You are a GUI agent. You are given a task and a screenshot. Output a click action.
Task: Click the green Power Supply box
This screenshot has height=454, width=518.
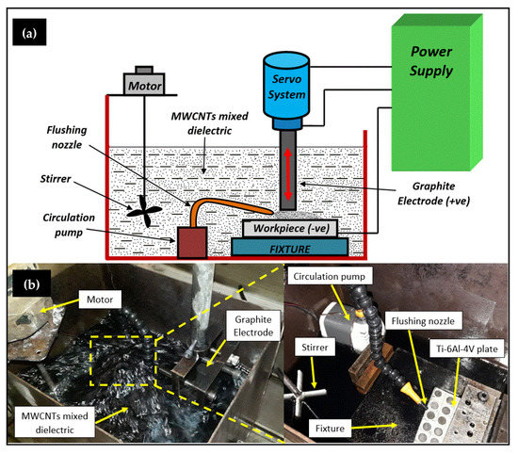[x=437, y=92]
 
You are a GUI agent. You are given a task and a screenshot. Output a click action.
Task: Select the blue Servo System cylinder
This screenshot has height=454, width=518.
[x=286, y=90]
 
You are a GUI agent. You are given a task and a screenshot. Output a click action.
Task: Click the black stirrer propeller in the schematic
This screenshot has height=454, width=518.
[x=144, y=211]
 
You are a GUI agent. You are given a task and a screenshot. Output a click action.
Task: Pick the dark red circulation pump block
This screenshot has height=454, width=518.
[x=192, y=242]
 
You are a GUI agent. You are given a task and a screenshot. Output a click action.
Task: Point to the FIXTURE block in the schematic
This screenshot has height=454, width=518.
[x=290, y=247]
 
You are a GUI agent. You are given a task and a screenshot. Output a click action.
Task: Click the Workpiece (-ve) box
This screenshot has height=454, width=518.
[x=290, y=228]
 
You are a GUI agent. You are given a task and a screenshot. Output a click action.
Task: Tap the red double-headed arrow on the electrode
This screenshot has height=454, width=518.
[x=288, y=174]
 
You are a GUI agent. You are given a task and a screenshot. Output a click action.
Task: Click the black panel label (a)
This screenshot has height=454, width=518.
[x=29, y=32]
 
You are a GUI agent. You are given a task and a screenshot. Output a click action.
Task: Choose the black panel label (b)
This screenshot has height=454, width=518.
[x=31, y=284]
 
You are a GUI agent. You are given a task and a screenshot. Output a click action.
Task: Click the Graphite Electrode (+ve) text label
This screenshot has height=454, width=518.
[x=434, y=193]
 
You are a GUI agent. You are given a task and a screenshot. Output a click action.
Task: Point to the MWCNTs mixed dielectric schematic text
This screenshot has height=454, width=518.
[x=209, y=123]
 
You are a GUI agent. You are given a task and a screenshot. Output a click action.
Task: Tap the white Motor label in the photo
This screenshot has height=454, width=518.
[x=100, y=300]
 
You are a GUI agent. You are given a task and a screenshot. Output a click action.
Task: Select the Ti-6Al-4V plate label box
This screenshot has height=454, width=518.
[x=467, y=349]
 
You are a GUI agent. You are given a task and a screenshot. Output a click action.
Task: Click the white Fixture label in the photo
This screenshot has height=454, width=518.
[x=330, y=429]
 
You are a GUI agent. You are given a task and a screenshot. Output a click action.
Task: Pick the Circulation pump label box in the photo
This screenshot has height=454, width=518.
[x=329, y=276]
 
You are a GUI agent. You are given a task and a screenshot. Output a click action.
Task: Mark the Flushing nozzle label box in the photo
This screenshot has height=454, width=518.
[x=423, y=320]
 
